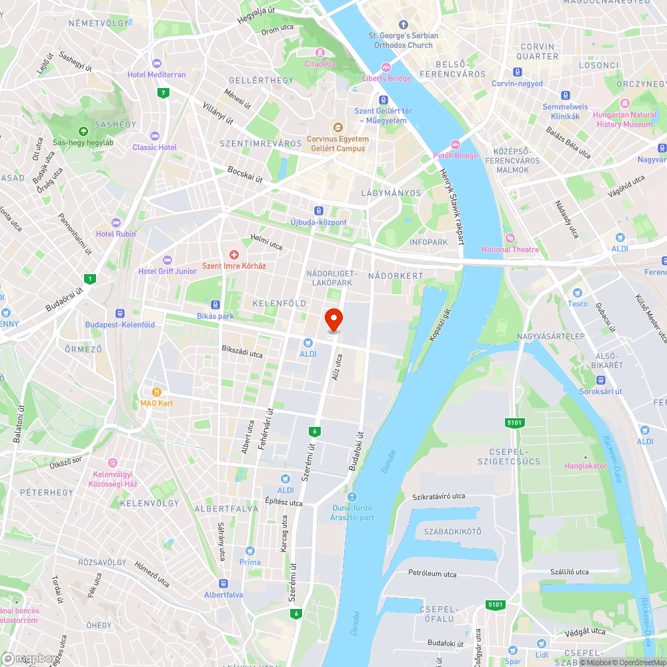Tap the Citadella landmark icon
[320, 53]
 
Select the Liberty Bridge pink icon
[386, 67]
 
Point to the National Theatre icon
[510, 238]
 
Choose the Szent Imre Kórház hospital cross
[233, 254]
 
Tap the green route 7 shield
[163, 92]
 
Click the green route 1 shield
[90, 278]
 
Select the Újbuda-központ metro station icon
[319, 211]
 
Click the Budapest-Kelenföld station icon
[120, 313]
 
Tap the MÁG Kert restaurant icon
[157, 392]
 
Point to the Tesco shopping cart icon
[578, 293]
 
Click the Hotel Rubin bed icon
[116, 222]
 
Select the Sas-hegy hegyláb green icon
[83, 131]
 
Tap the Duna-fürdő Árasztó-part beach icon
[352, 496]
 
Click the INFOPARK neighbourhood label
[429, 242]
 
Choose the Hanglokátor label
[586, 466]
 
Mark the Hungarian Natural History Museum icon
[625, 104]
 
